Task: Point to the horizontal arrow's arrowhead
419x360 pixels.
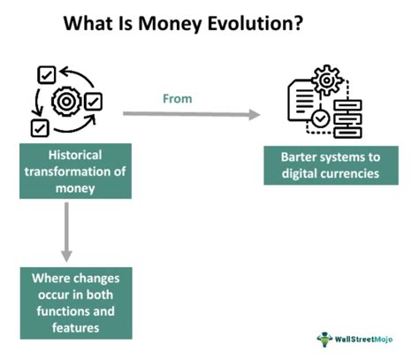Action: coord(255,113)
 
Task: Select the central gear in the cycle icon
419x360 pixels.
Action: coord(65,102)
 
